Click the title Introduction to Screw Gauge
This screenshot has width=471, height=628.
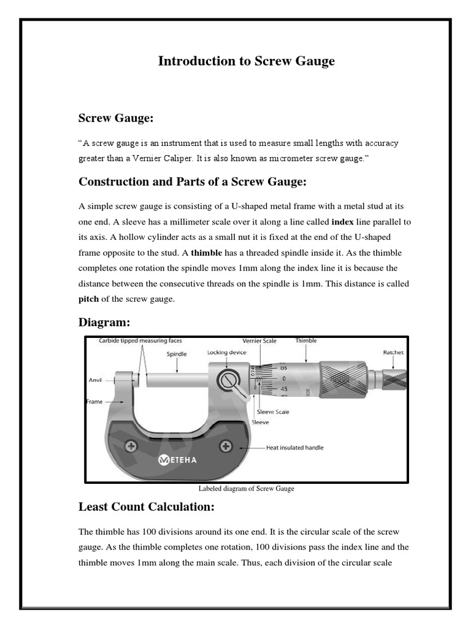(247, 61)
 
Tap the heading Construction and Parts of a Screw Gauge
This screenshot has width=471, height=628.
(192, 182)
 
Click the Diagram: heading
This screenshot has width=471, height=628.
(104, 322)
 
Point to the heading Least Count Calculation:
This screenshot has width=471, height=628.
(146, 507)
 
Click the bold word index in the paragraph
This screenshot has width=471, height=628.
(342, 221)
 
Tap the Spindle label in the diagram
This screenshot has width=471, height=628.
(177, 354)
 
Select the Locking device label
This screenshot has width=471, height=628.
(226, 353)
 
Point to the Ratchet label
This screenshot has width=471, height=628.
(393, 353)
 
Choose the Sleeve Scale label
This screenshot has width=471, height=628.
(273, 412)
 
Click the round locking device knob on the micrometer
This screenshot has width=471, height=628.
(224, 381)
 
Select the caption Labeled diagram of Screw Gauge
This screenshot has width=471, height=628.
(246, 489)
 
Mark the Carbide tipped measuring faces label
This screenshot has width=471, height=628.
(140, 340)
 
